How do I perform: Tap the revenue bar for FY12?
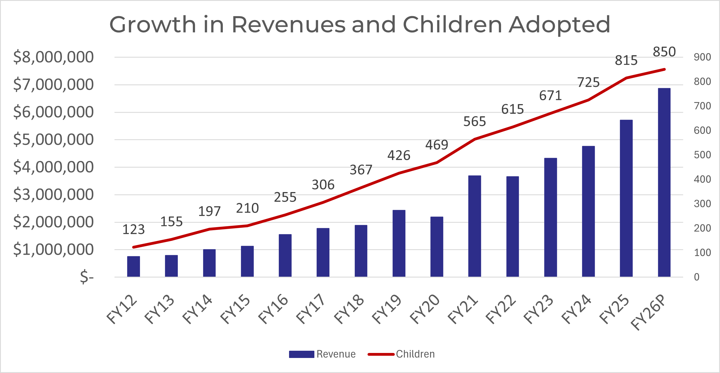[x=133, y=266]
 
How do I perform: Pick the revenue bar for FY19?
[x=399, y=243]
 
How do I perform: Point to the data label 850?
[x=664, y=52]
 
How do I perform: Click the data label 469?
[x=437, y=145]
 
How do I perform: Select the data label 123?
[x=133, y=230]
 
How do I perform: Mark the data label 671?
[x=550, y=96]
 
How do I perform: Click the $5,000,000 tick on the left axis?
[x=53, y=139]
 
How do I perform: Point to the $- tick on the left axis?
[x=87, y=277]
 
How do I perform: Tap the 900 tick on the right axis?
[x=702, y=57]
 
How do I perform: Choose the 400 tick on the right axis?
[x=702, y=179]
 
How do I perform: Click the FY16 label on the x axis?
[x=273, y=309]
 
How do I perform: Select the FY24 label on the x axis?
[x=576, y=309]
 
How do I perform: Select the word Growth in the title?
[x=153, y=24]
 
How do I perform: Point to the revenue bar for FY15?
[x=247, y=261]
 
